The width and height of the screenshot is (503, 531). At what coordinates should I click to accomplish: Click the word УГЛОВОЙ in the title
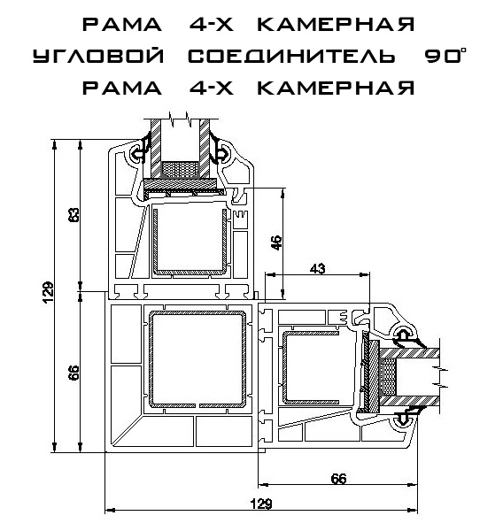coord(98,56)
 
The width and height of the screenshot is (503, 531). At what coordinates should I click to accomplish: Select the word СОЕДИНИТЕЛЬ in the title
coord(291,56)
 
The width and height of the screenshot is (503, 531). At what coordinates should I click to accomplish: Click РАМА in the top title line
coord(122,24)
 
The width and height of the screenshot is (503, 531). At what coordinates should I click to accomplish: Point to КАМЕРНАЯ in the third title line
coord(336,88)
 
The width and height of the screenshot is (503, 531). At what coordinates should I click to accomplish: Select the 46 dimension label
coord(277,242)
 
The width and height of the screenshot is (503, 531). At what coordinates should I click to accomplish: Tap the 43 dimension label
coord(318,268)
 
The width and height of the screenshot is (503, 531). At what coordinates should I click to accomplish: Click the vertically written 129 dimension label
coord(49,293)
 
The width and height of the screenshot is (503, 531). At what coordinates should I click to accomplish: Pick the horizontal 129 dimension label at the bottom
coord(261,504)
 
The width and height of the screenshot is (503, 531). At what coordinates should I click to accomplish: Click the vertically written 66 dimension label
coord(75,373)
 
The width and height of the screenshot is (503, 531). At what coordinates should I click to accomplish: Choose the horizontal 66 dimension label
coord(338,479)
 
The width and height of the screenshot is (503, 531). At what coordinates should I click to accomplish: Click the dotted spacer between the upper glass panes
coord(179,169)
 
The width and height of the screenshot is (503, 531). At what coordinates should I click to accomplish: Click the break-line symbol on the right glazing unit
coord(441,377)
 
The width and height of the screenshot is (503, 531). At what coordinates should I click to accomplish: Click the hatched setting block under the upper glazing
coord(180,183)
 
